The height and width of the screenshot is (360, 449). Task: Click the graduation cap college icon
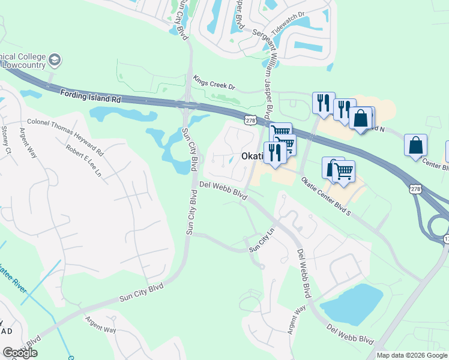point(55,60)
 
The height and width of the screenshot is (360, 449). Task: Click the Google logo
point(20,353)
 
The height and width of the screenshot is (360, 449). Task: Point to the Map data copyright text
point(411,355)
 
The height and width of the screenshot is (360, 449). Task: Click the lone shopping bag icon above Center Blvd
point(415,145)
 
